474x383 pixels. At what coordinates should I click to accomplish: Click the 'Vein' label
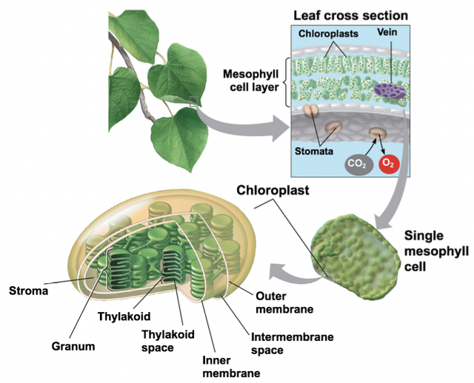pos(388,34)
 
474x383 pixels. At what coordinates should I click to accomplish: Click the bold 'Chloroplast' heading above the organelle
pos(273,190)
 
